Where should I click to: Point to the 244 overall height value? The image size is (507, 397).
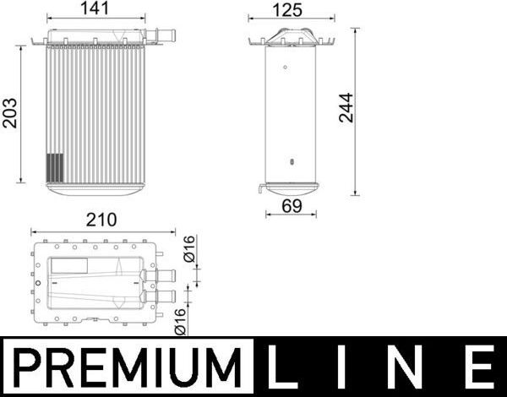(346, 108)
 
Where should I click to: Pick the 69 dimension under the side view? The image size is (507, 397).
(290, 204)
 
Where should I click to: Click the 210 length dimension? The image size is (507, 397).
(101, 220)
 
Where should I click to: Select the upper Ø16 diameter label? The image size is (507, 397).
(189, 250)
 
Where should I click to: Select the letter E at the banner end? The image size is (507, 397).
(479, 368)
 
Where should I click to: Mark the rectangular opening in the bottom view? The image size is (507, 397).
(68, 267)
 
